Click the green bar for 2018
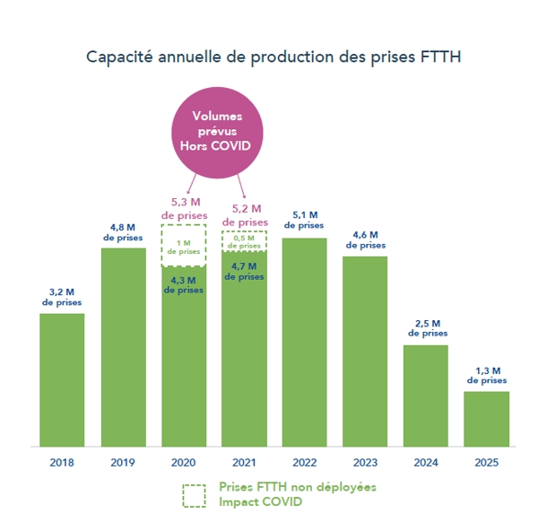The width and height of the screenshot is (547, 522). click(x=62, y=379)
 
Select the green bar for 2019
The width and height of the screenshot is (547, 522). click(x=123, y=347)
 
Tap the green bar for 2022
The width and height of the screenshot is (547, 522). click(x=304, y=342)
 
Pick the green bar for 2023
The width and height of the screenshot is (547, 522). click(x=365, y=351)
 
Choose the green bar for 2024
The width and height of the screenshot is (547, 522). click(x=425, y=396)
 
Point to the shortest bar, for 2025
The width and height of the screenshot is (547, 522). click(x=486, y=419)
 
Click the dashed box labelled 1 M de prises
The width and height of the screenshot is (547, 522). click(x=184, y=247)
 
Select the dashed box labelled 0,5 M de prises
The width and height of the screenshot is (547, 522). click(x=244, y=241)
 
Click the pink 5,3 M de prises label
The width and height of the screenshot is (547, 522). click(x=184, y=208)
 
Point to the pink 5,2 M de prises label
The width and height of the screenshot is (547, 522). click(x=244, y=214)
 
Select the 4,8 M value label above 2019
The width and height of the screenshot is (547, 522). click(x=123, y=232)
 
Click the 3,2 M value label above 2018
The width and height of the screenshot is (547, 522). click(x=62, y=298)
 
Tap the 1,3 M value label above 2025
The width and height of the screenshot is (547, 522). click(x=486, y=376)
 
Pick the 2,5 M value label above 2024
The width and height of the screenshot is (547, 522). click(x=426, y=329)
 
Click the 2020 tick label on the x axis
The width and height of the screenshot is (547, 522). click(x=184, y=463)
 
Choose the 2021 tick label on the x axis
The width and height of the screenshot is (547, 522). click(x=244, y=463)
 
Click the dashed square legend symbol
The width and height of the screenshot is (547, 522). click(x=194, y=495)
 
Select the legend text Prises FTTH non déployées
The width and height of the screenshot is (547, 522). click(x=297, y=487)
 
